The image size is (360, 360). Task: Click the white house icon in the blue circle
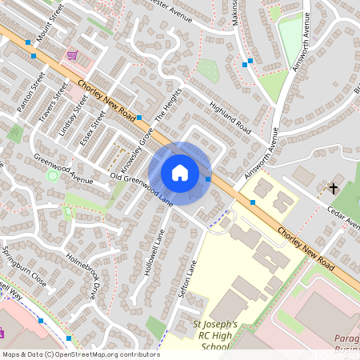[180, 172]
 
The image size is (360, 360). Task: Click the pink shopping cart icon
[72, 55]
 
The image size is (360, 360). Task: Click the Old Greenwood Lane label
[142, 185]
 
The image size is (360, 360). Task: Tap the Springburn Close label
[24, 255]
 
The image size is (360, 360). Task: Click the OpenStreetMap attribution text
[81, 354]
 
